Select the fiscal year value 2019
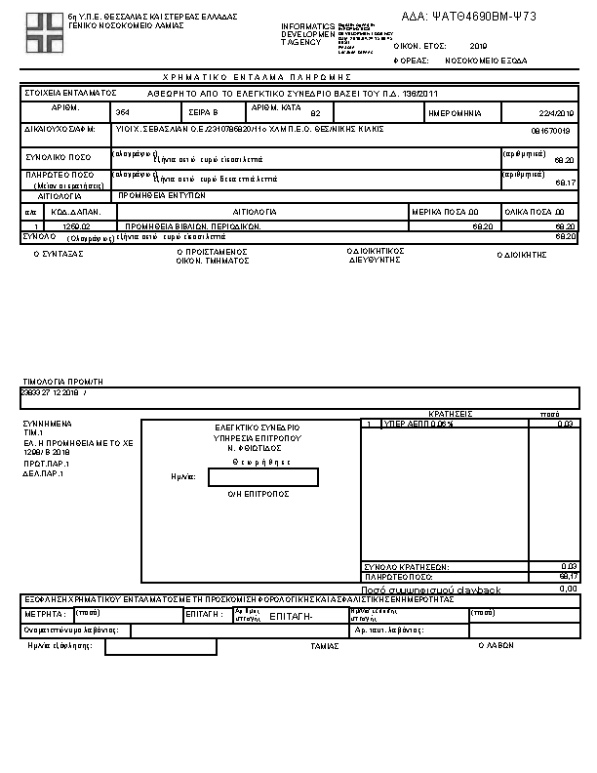(478, 46)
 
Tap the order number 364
(122, 113)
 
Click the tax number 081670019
(550, 130)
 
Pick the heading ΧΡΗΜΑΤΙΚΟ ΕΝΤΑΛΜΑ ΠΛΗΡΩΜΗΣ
(257, 77)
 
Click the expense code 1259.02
(76, 225)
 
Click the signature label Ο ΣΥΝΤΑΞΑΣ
(59, 254)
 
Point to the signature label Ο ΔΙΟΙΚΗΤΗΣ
(523, 254)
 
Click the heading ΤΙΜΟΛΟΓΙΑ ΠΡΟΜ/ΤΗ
(63, 381)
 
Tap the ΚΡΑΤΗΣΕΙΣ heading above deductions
(450, 414)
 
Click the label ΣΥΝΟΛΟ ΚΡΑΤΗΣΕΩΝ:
(407, 567)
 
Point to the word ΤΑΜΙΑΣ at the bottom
(324, 646)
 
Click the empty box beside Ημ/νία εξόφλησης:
(160, 647)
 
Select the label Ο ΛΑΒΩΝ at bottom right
(496, 646)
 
